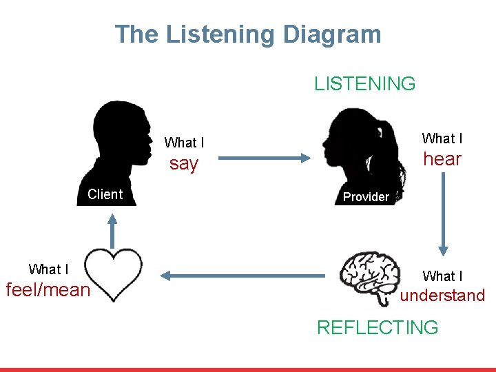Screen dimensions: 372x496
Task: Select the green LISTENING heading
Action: click(365, 84)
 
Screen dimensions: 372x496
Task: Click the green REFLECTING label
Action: click(377, 327)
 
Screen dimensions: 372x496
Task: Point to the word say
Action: click(184, 164)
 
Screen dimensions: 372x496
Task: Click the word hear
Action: click(442, 159)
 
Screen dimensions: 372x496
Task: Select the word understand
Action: click(443, 296)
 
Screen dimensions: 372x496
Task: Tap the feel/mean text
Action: click(48, 290)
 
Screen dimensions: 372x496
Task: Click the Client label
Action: click(105, 194)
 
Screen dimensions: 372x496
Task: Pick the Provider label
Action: click(366, 197)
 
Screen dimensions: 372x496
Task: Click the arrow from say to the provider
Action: click(266, 158)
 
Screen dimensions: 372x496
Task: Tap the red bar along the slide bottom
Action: click(248, 369)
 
